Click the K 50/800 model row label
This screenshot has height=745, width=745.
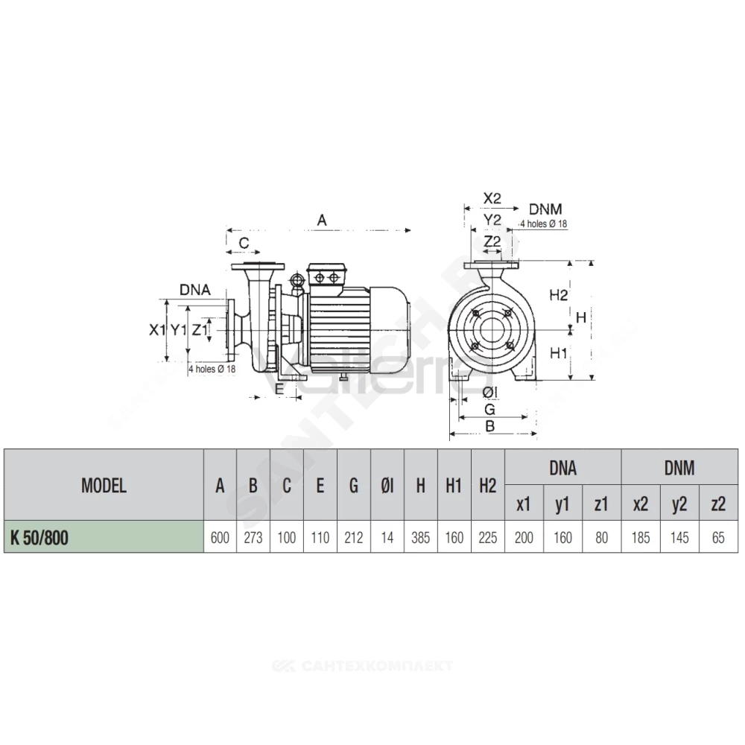tap(39, 537)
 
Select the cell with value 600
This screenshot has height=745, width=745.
tap(220, 537)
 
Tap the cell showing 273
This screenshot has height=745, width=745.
tap(253, 537)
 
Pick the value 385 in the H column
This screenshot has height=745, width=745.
tap(421, 537)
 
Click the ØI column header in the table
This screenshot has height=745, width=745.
tap(387, 486)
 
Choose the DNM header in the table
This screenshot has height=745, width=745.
tap(679, 468)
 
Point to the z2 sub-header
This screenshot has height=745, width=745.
tap(718, 504)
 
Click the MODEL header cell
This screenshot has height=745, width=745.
tap(104, 485)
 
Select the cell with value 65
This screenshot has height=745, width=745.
tap(718, 537)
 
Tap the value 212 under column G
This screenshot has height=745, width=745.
tap(353, 537)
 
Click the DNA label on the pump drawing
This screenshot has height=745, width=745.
tap(194, 289)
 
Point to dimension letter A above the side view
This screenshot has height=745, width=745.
tap(322, 221)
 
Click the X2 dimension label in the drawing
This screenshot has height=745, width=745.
tap(492, 198)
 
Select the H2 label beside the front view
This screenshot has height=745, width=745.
tap(558, 295)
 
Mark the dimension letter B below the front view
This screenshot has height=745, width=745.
tap(490, 426)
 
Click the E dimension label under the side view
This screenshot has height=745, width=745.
tap(279, 389)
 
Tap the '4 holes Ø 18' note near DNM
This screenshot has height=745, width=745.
tap(544, 223)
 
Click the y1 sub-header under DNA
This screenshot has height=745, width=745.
tap(562, 504)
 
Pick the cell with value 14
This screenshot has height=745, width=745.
tap(387, 537)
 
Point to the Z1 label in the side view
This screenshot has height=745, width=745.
tap(200, 329)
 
